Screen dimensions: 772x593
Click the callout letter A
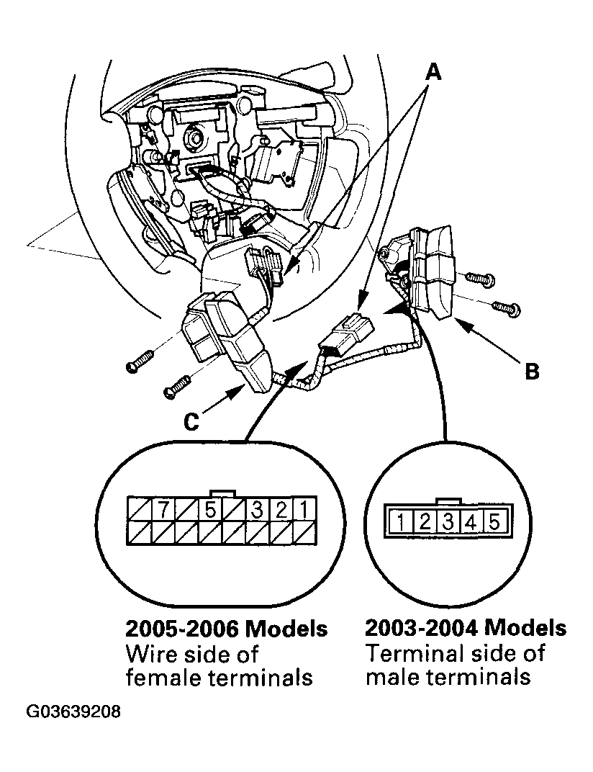pos(433,71)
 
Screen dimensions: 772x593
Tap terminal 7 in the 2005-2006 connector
pos(163,510)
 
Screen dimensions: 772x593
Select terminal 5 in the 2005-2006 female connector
pos(210,510)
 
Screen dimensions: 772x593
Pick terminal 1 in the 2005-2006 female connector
pos(304,510)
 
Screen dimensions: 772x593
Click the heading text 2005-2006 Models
pos(227,629)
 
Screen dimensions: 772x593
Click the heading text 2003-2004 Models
pos(466,629)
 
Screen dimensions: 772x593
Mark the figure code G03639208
pos(74,713)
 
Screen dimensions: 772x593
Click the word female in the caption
pos(165,678)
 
